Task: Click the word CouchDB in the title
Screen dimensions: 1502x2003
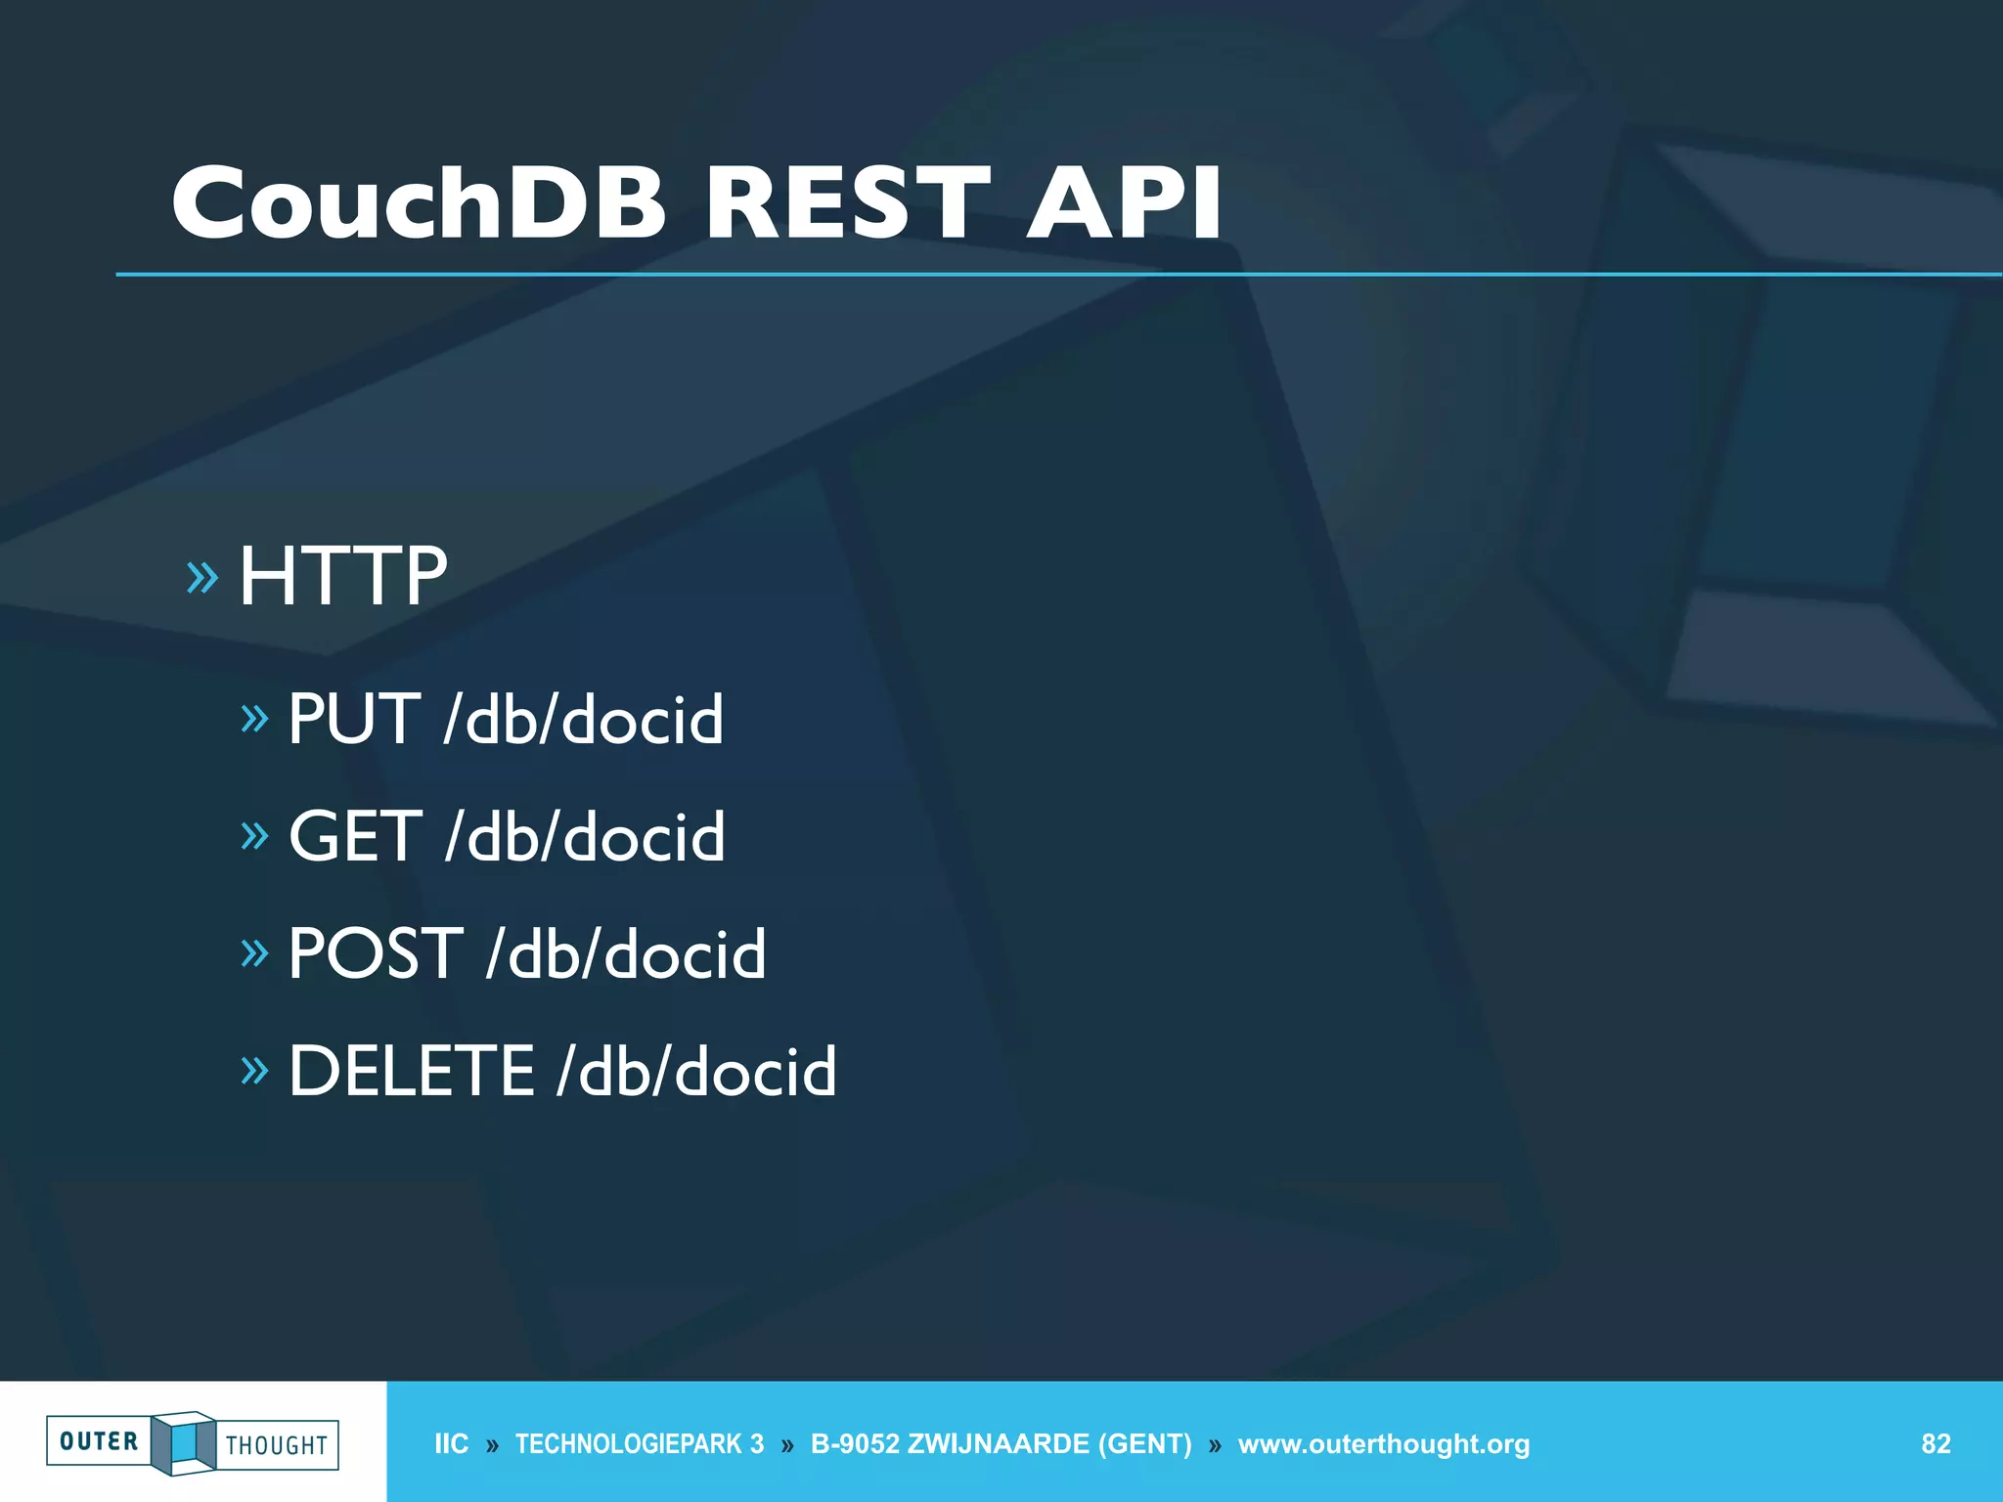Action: tap(419, 202)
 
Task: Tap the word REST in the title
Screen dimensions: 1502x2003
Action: tap(847, 202)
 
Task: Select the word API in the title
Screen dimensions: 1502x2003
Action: tap(1124, 202)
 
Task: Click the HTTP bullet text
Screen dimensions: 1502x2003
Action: tap(343, 577)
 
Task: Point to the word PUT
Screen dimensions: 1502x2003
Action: tap(354, 720)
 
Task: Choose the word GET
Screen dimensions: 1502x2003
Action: tap(356, 837)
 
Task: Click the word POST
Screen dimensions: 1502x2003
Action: tap(376, 953)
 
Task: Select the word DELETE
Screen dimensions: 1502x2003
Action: tap(412, 1071)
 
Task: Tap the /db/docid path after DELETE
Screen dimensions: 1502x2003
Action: tap(696, 1071)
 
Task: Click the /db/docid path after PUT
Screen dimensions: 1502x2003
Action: tap(584, 720)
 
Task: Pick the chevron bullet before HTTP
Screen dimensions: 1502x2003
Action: tap(202, 578)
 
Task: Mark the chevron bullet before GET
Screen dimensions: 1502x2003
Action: tap(254, 836)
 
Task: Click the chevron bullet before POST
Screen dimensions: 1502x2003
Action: tap(254, 952)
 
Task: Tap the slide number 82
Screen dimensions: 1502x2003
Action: tap(1936, 1444)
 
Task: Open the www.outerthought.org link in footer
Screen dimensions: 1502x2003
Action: tap(1384, 1444)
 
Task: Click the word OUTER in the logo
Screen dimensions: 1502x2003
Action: tap(99, 1441)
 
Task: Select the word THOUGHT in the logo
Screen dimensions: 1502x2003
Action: tap(277, 1445)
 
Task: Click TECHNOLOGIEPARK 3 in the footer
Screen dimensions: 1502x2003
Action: tap(640, 1444)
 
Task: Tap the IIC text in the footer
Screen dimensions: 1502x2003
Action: tap(452, 1444)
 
